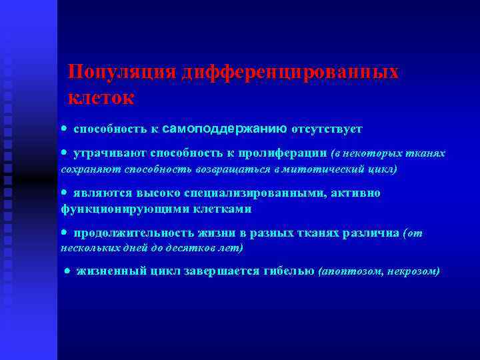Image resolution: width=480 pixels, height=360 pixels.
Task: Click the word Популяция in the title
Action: click(122, 73)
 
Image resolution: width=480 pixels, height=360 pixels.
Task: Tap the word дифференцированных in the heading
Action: click(290, 73)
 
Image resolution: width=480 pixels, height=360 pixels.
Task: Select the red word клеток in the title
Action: click(101, 97)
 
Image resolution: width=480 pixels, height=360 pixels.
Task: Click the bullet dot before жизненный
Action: click(67, 271)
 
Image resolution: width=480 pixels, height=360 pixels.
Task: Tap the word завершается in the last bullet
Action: click(224, 271)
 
